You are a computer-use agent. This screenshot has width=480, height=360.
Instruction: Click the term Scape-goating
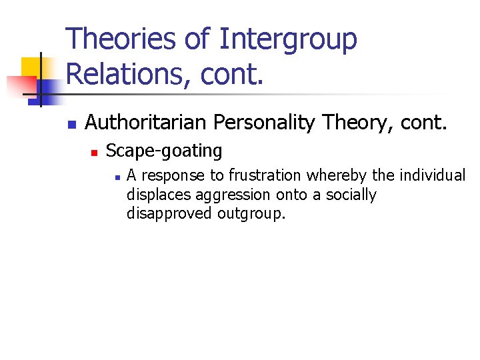point(164,151)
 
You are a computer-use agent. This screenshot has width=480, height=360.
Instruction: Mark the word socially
point(351,195)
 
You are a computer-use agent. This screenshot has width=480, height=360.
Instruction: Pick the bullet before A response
point(116,177)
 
